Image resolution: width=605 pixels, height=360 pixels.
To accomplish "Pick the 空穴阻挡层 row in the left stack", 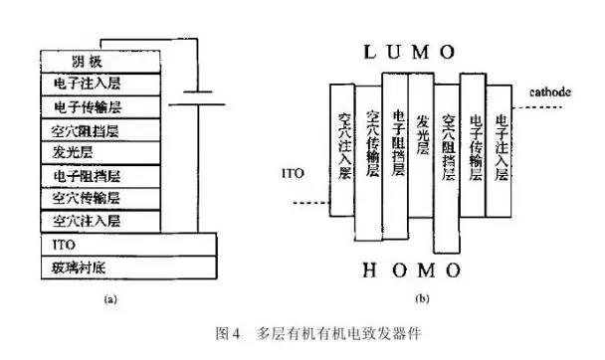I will point(100,129).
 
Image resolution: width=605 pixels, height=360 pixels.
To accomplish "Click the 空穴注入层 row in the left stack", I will point(100,219).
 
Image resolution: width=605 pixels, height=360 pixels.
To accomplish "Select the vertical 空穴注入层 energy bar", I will point(345,149).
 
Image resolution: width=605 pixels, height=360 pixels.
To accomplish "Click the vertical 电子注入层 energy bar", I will point(501,149).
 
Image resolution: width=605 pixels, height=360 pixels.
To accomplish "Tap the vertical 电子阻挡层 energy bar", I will point(397,149).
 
